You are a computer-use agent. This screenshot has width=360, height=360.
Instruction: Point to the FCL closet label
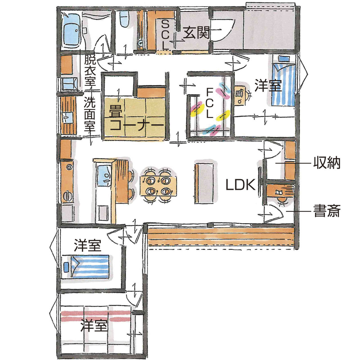coord(209,103)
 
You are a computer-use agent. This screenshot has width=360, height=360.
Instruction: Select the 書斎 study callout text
coord(327,211)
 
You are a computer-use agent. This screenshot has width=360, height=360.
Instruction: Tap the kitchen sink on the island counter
coord(103,175)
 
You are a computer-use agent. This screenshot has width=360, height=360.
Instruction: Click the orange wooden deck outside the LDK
coord(221,237)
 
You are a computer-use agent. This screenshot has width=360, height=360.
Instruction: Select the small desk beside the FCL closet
coord(240,93)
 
